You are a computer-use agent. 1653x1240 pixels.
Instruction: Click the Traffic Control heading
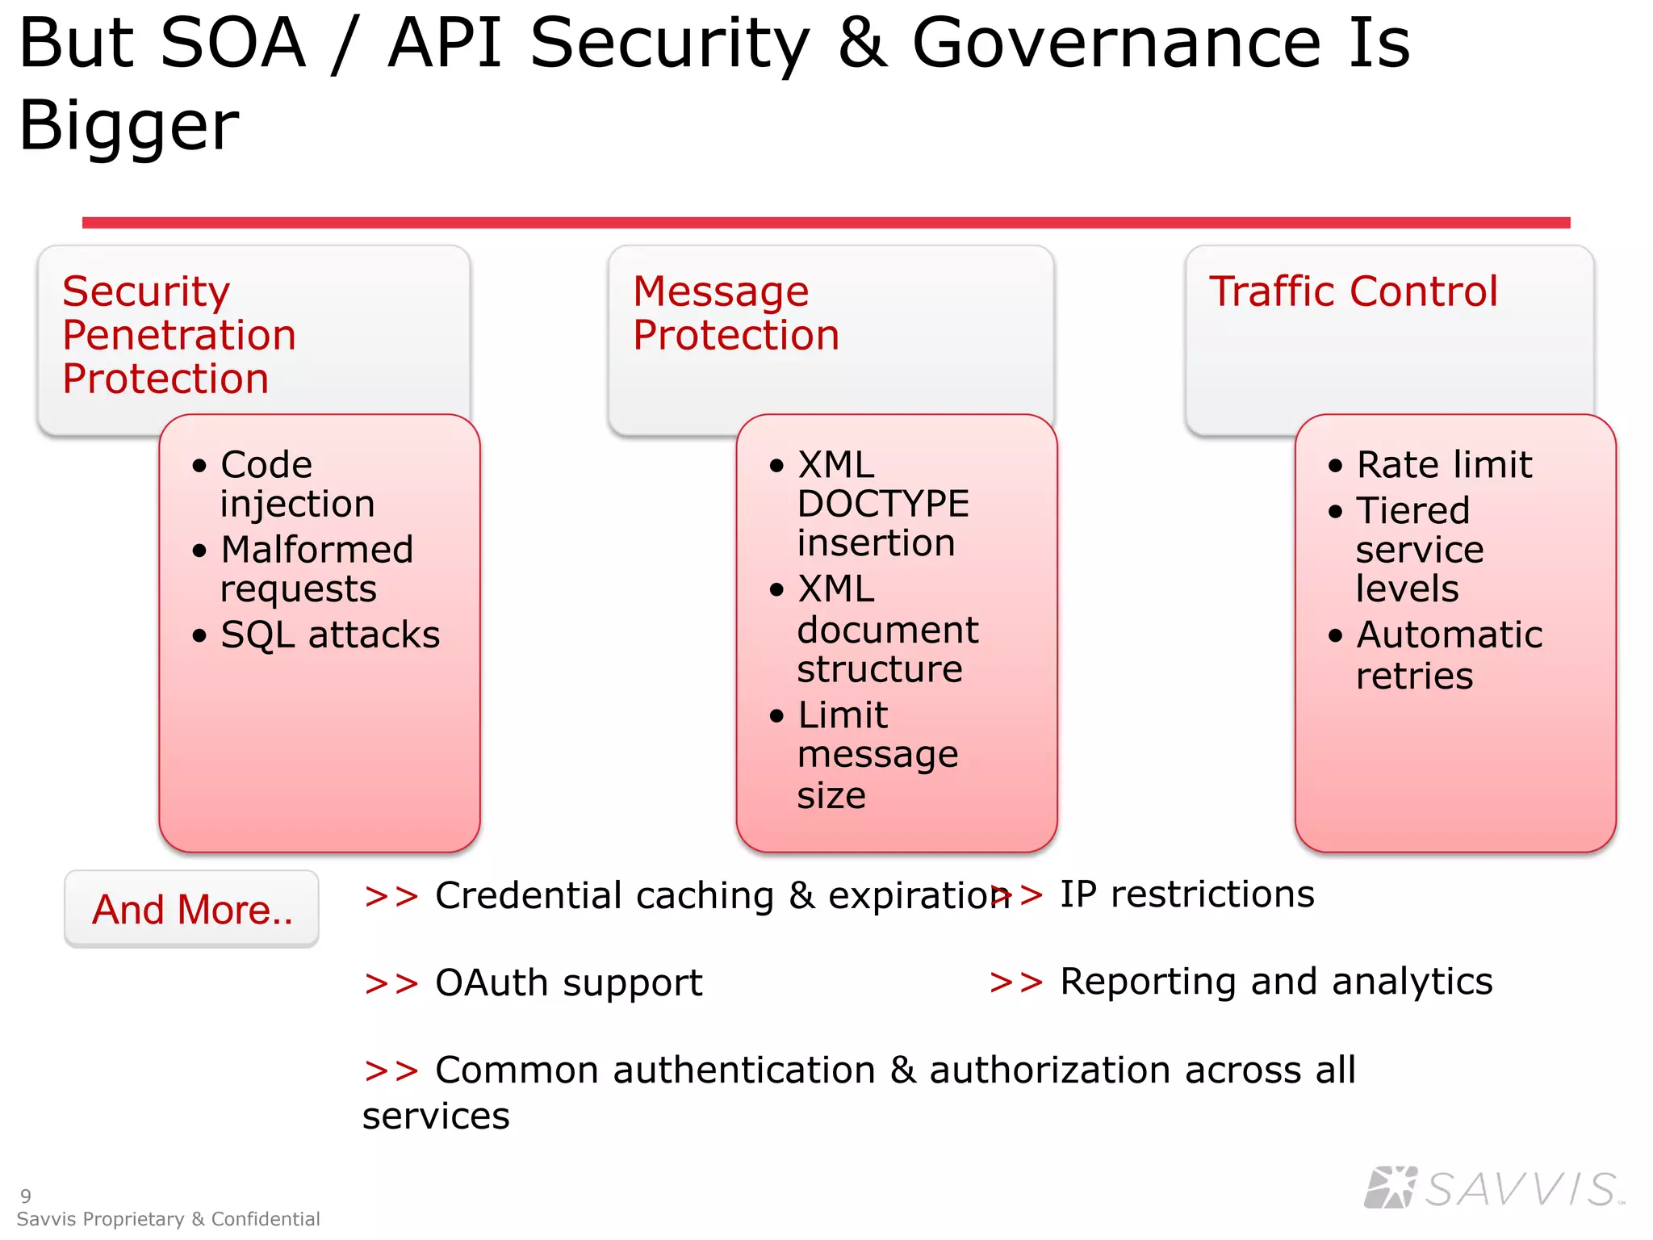pos(1353,291)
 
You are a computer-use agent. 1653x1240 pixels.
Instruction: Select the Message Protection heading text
pos(734,313)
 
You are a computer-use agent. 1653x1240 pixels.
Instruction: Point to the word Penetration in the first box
pos(179,335)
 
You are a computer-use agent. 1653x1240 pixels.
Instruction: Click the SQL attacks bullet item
pos(329,635)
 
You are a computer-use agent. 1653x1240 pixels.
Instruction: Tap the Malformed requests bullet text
pos(316,569)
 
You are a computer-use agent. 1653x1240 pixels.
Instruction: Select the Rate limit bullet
pos(1443,465)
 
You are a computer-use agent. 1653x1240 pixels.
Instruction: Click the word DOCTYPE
pos(883,505)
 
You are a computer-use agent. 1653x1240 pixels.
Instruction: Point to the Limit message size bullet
pos(877,755)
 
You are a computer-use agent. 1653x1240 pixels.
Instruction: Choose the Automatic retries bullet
pos(1448,655)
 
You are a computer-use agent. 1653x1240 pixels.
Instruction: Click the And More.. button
pos(192,909)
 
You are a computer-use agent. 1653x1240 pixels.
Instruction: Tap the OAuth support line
pos(568,983)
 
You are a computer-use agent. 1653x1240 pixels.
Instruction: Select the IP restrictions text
pos(1186,894)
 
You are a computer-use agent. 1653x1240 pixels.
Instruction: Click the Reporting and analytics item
pos(1275,982)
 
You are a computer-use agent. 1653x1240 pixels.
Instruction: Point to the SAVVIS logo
pos(1493,1188)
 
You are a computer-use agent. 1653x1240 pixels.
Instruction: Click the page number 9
pos(26,1196)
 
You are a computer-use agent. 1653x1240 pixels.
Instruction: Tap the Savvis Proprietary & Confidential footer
pos(168,1219)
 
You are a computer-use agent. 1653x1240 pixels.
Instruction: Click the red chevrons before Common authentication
pos(391,1070)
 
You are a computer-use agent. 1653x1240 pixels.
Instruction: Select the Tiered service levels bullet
pos(1419,549)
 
